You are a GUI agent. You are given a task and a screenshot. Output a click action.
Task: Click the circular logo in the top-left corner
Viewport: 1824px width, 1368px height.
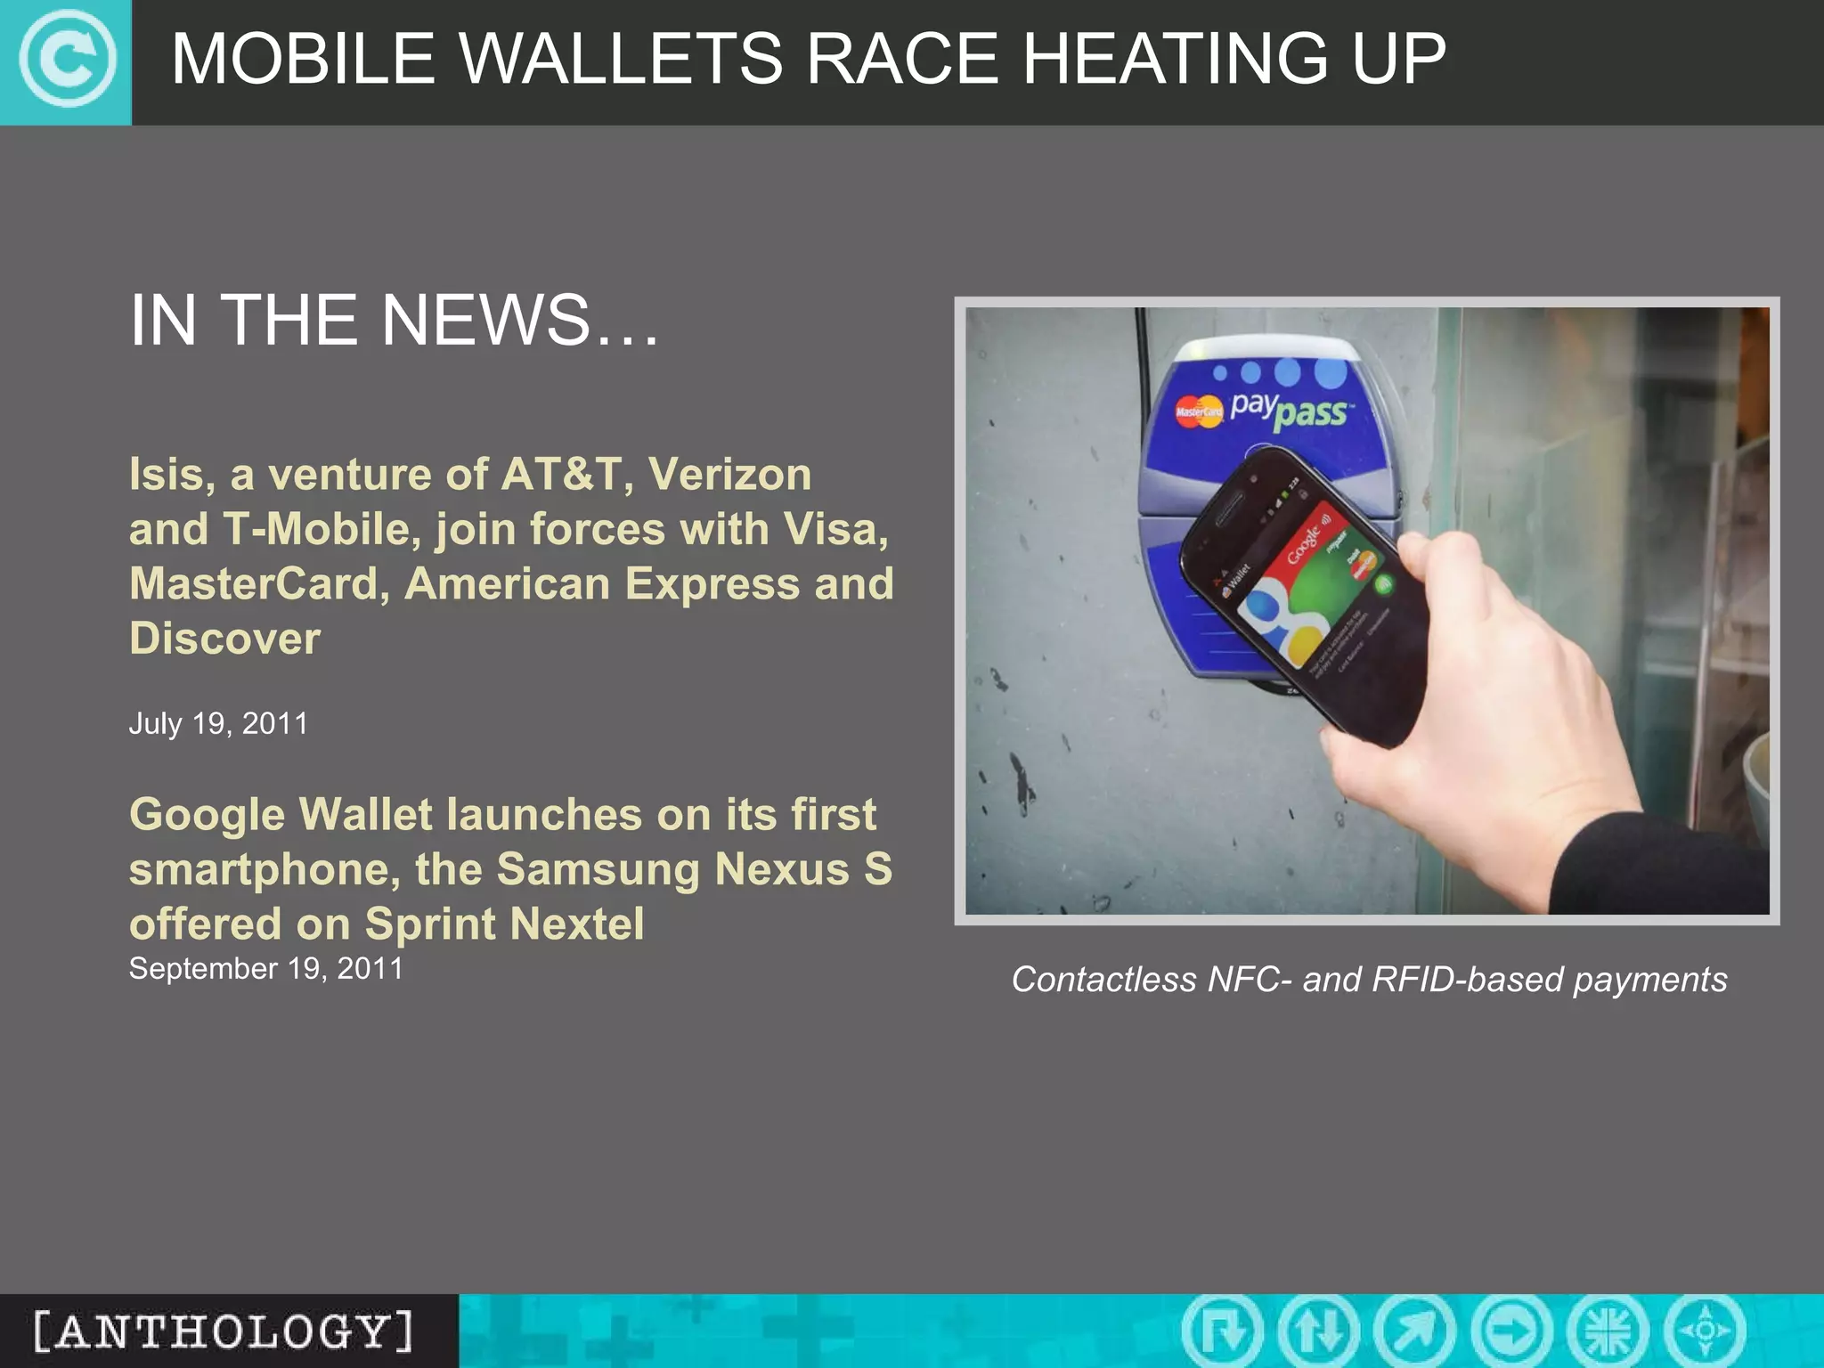coord(67,61)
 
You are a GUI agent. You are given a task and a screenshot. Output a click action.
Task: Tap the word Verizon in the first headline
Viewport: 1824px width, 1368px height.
coord(729,474)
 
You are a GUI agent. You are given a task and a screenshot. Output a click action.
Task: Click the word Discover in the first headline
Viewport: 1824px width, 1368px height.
coord(224,639)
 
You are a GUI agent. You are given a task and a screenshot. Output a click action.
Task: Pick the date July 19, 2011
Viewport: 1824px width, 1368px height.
coord(218,723)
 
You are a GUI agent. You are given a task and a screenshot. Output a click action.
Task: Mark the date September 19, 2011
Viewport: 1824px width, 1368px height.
coord(265,968)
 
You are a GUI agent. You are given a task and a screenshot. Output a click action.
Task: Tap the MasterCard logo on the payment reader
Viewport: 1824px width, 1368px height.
coord(1199,411)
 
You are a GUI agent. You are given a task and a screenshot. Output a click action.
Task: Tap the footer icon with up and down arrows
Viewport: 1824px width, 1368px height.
coord(1319,1331)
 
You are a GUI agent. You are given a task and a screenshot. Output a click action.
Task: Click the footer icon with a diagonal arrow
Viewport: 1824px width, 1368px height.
coord(1414,1331)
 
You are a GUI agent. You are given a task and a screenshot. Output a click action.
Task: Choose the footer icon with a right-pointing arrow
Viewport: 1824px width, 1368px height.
coord(1511,1331)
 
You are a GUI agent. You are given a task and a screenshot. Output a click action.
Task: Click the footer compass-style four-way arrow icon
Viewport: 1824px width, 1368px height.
coord(1705,1331)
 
